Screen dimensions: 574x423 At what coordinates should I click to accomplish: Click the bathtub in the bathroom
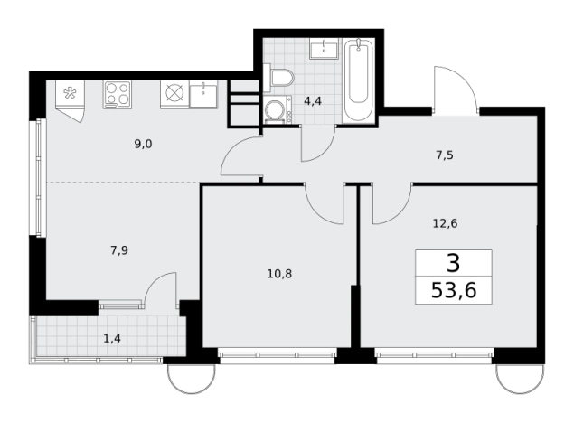[358, 80]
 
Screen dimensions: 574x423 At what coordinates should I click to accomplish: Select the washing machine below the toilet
[278, 109]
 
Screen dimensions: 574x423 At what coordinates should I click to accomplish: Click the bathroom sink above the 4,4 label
[325, 48]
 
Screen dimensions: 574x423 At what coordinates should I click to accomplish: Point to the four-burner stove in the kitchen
[118, 94]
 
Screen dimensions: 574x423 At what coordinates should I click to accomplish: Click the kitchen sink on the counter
[203, 94]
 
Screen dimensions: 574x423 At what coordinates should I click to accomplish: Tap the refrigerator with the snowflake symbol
[70, 100]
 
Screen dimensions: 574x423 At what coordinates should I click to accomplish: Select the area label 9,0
[143, 145]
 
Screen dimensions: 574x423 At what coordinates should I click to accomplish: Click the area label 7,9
[119, 250]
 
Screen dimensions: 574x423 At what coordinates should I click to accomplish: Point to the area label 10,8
[279, 274]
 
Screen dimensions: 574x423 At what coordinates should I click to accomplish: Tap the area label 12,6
[445, 223]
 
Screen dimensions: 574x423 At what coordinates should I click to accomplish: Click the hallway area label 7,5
[445, 155]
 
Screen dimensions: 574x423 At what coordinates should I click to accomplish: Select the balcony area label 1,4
[112, 339]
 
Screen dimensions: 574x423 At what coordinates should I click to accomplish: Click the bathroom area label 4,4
[313, 101]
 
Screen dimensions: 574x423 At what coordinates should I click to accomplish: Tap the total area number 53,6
[454, 291]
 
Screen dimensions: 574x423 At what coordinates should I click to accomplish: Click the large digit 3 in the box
[453, 263]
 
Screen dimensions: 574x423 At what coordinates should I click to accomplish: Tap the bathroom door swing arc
[324, 152]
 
